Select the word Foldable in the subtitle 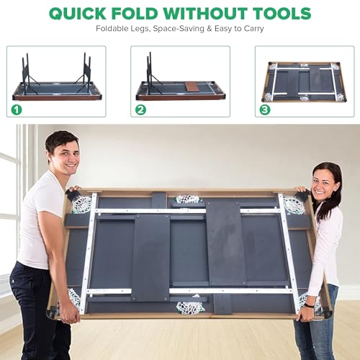(x=112, y=29)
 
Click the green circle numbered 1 (x=17, y=110)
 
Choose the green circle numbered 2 (x=140, y=110)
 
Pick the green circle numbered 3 (x=265, y=110)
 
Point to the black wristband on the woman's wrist (x=310, y=305)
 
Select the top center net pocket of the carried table (x=187, y=200)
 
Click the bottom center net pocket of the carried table (x=190, y=307)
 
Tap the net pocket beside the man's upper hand (x=82, y=203)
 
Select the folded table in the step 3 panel (x=304, y=82)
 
